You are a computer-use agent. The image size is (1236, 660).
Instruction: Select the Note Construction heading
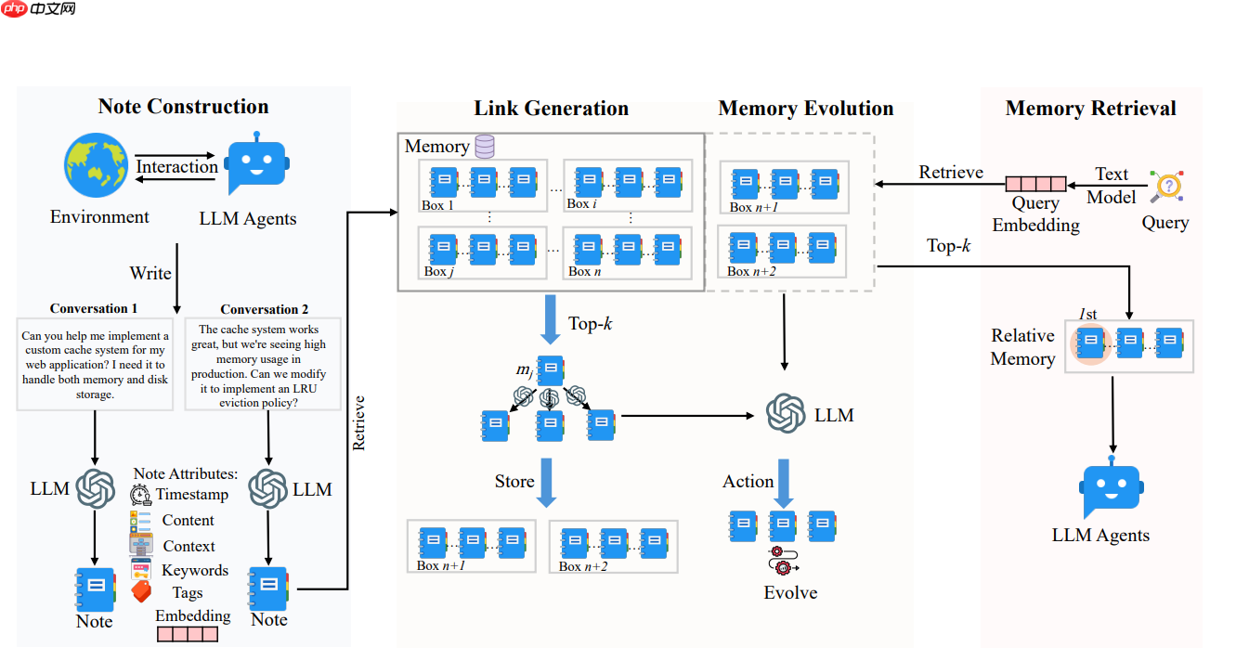click(183, 107)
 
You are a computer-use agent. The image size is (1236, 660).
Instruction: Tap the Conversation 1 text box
click(95, 365)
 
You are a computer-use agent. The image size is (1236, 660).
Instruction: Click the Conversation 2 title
click(265, 309)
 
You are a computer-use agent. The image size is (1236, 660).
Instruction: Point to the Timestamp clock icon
click(141, 495)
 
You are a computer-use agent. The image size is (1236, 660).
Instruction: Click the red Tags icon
click(141, 591)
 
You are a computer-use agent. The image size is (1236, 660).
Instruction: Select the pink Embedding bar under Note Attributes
click(188, 634)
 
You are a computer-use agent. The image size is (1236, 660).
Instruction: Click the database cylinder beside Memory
click(484, 146)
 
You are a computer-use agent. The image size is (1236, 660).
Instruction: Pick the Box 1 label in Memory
click(438, 205)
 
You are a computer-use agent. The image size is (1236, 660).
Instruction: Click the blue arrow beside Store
click(546, 482)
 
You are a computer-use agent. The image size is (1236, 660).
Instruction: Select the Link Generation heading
click(551, 109)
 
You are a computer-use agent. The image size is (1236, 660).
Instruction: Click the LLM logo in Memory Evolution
click(786, 414)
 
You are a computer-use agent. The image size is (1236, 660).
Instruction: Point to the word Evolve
click(790, 592)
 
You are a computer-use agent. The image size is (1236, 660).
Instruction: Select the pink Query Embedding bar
click(1035, 184)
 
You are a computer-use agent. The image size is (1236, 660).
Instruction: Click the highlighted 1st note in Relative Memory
click(1091, 342)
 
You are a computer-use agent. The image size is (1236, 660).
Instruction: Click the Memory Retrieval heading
click(1090, 109)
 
